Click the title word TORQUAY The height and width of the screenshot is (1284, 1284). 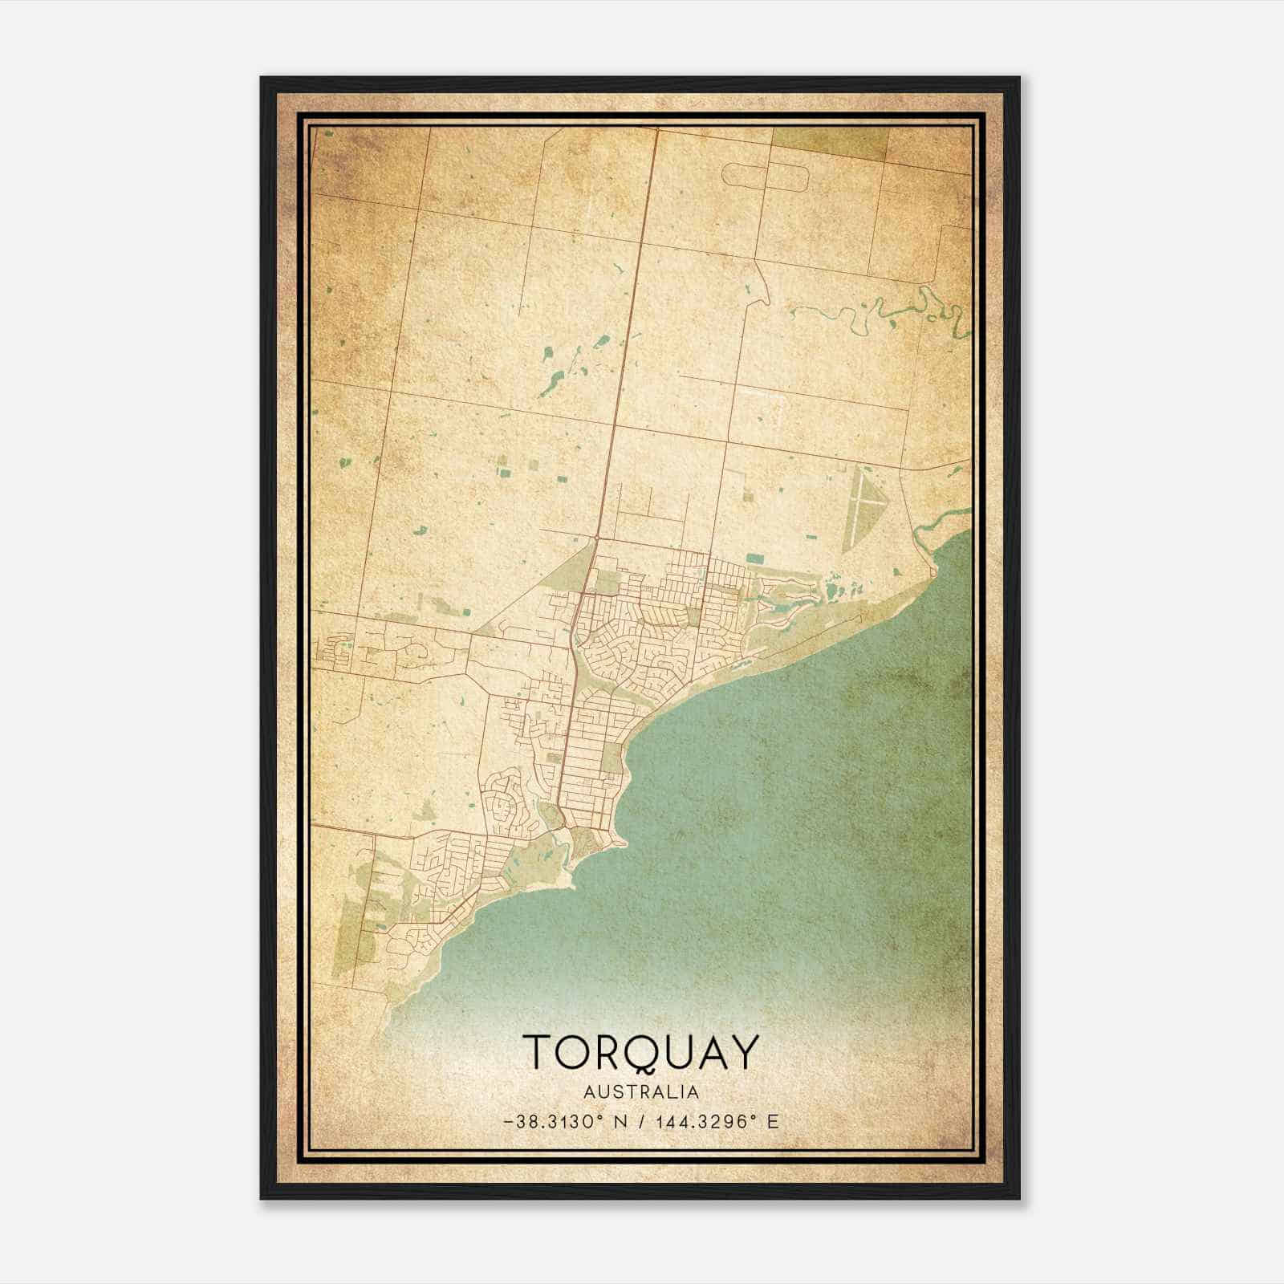point(640,1053)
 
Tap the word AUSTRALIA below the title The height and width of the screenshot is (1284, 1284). point(641,1092)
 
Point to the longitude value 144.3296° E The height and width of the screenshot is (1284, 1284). point(707,1122)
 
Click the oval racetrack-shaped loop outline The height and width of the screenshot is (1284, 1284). point(766,174)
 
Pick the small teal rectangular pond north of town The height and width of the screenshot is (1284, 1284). point(754,557)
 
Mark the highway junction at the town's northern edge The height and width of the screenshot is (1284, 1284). point(596,536)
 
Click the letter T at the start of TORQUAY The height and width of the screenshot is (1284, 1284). point(538,1053)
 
